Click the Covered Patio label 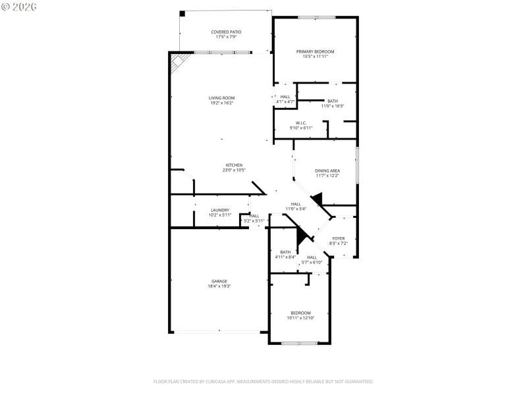(226, 32)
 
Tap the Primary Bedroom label (315, 51)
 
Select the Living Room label (222, 97)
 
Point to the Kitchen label (235, 165)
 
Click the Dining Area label (327, 171)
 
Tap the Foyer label (338, 238)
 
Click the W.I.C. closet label (300, 122)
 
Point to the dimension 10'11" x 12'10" (300, 318)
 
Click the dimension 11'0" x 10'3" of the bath (333, 106)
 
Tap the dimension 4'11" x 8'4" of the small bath (285, 257)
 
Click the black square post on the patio (182, 13)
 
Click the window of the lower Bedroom (300, 343)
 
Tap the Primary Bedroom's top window (316, 17)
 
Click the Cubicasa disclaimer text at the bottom (263, 381)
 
